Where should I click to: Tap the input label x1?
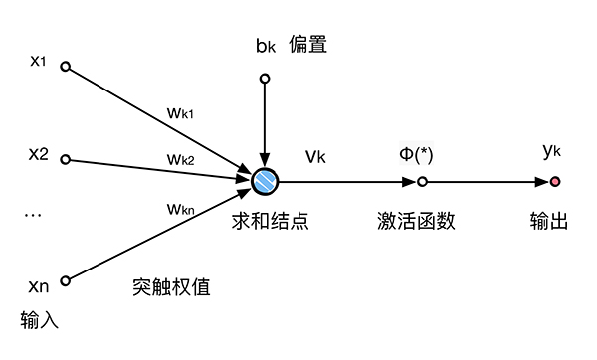[39, 62]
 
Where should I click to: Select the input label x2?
[39, 155]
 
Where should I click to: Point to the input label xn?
[39, 285]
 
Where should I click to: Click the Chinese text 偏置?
[308, 45]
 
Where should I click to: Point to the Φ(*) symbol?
[421, 155]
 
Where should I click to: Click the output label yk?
[554, 151]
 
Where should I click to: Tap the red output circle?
[554, 182]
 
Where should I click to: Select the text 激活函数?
[422, 221]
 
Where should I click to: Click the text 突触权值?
[171, 286]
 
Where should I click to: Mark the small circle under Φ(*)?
[422, 182]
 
